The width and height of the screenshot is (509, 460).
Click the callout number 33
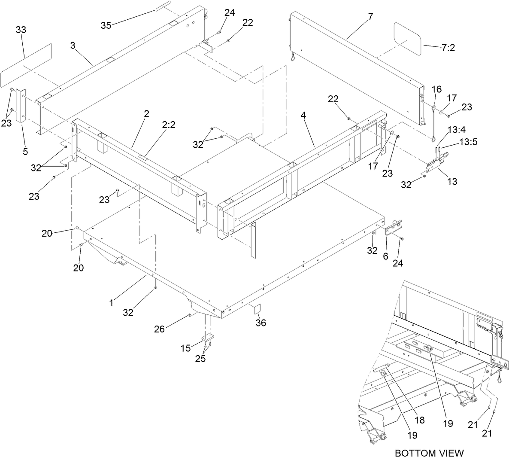[x=21, y=30]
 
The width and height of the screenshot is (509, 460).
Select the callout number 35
[x=106, y=25]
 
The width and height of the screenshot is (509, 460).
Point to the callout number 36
[x=261, y=323]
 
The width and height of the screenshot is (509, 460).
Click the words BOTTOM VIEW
[x=429, y=453]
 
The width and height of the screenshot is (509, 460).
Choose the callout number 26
[x=160, y=329]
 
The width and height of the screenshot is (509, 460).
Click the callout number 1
[x=111, y=303]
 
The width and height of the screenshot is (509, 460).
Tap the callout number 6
[x=385, y=256]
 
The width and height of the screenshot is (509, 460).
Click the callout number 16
[x=436, y=89]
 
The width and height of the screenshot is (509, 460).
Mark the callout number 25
[x=200, y=359]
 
